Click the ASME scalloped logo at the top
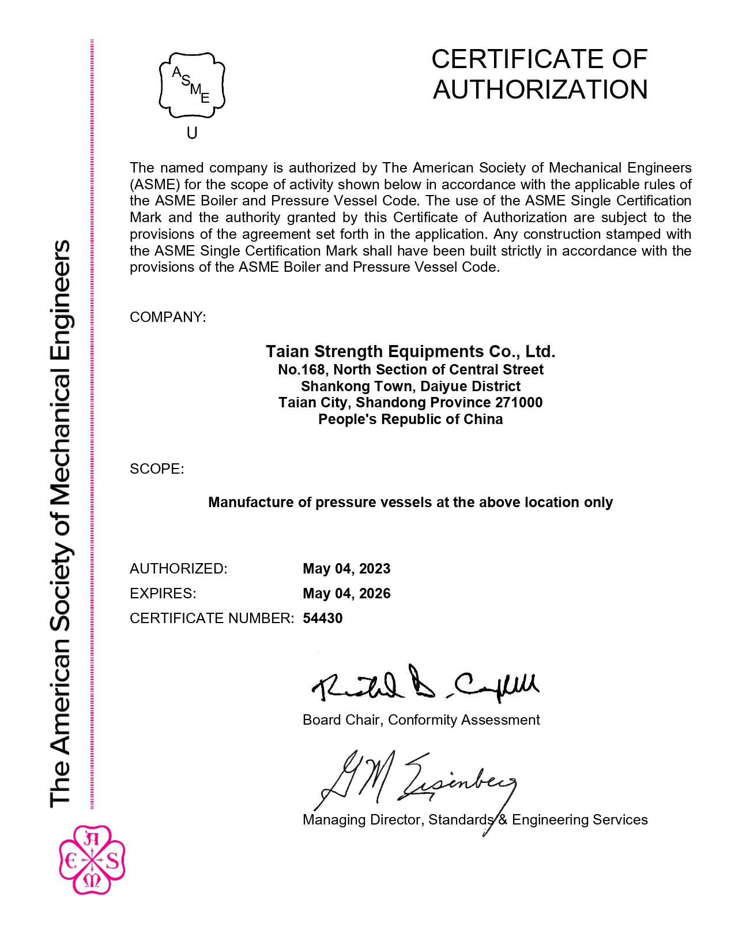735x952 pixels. (192, 85)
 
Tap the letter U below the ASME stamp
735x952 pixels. (192, 133)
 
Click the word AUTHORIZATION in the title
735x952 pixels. (540, 90)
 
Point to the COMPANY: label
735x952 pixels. (168, 317)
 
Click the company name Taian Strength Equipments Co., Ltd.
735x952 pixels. (410, 351)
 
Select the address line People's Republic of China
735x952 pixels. (410, 419)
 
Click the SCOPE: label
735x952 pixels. (157, 469)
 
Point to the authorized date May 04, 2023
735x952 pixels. (346, 569)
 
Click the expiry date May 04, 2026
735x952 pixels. (346, 594)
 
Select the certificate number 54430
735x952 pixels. (323, 619)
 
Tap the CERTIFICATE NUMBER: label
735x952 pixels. (212, 619)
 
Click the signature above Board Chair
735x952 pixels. (425, 684)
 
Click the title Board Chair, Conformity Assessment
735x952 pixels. (421, 720)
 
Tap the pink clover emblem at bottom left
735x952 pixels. (92, 860)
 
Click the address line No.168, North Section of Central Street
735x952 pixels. (410, 370)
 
